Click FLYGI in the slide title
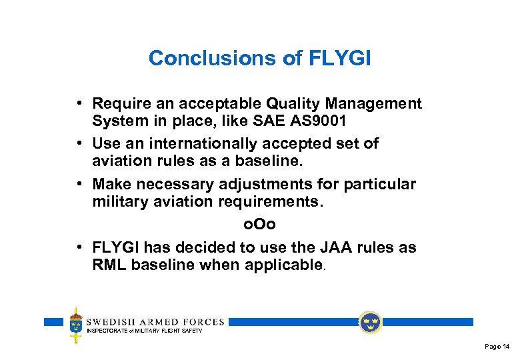(340, 59)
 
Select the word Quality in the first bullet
(291, 104)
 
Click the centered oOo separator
(260, 225)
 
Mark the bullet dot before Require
(79, 104)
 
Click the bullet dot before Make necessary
(79, 184)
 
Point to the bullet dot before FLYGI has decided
(79, 247)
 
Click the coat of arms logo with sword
(76, 325)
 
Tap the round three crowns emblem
(370, 323)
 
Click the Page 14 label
(497, 347)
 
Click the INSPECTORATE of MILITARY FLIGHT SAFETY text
(144, 331)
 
